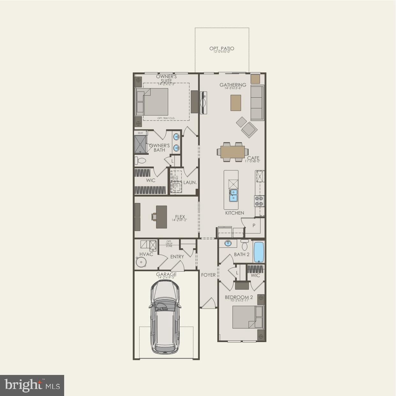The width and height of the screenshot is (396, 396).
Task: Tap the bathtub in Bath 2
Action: [x=258, y=252]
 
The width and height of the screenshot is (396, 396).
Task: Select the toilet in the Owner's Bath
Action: [x=140, y=161]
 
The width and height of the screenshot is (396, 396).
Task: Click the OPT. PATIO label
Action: [x=222, y=49]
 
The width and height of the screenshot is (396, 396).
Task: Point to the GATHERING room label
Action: [x=233, y=85]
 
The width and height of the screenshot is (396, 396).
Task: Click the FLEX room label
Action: [x=180, y=217]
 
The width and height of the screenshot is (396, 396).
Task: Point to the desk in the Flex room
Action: [x=161, y=217]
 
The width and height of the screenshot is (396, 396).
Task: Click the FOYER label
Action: [x=208, y=275]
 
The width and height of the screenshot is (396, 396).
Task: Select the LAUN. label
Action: [x=190, y=183]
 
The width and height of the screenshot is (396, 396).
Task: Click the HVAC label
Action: [x=146, y=254]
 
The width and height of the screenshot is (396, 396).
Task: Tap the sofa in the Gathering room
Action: [x=257, y=103]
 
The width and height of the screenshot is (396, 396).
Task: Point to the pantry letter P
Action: [x=254, y=226]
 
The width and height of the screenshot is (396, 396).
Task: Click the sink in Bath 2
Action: [x=228, y=243]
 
